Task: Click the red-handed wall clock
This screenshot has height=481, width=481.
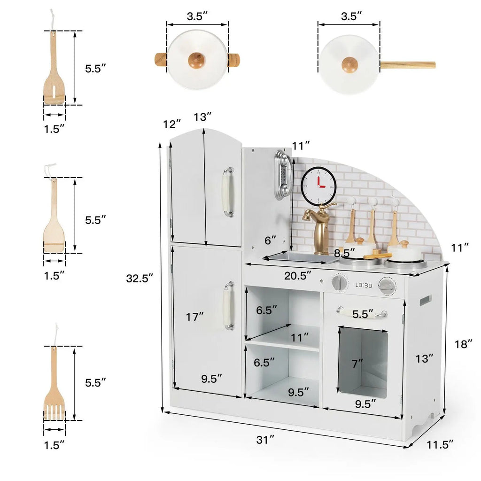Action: [x=318, y=186]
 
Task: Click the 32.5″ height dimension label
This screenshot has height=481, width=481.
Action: [x=140, y=278]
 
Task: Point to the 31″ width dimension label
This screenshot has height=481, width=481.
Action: [x=265, y=440]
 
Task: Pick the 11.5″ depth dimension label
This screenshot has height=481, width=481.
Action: [x=440, y=444]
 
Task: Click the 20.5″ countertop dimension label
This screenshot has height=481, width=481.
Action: [x=297, y=275]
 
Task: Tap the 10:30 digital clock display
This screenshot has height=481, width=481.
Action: [x=364, y=285]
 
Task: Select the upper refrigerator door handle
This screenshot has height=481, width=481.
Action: [x=228, y=192]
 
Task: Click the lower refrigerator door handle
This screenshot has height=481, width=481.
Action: [x=229, y=305]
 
